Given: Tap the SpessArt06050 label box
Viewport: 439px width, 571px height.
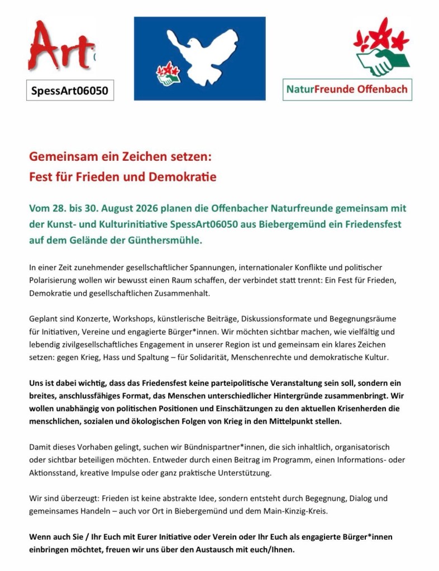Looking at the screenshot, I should [x=70, y=89].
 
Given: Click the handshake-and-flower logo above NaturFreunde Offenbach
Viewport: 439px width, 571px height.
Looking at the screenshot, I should [x=382, y=48].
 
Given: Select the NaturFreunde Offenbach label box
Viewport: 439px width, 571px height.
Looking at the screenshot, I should [x=347, y=89].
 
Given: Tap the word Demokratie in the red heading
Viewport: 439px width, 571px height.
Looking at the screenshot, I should [x=182, y=178].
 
